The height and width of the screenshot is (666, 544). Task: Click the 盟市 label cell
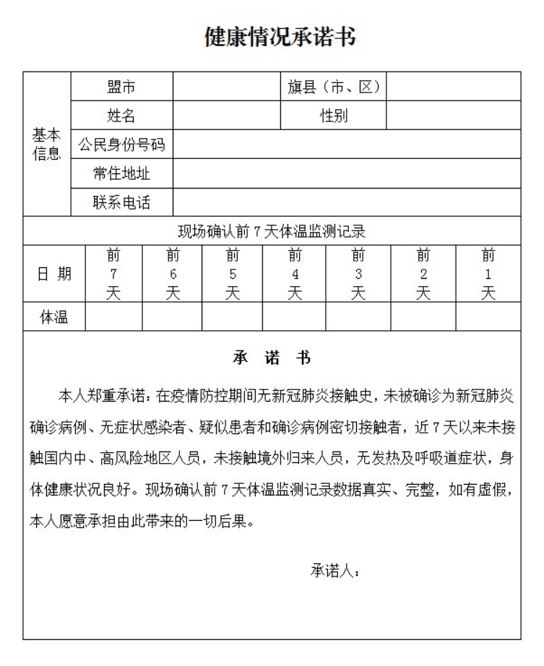[121, 87]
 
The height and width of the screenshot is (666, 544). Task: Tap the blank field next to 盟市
[226, 87]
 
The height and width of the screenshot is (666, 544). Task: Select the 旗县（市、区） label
[333, 87]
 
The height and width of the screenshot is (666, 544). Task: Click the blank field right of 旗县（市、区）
[454, 87]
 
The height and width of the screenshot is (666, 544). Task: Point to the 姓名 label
[121, 116]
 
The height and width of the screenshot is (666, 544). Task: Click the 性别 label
[333, 116]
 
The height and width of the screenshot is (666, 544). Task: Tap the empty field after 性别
[454, 116]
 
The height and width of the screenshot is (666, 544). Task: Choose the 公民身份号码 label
[121, 144]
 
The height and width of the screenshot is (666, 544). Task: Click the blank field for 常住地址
[346, 173]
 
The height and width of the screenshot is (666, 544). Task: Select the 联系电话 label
[121, 202]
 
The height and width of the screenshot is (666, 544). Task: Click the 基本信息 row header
[47, 144]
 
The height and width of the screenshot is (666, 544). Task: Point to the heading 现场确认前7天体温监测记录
[272, 232]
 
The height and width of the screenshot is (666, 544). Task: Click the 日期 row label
[54, 274]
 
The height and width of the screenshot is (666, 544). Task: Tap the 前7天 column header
[113, 274]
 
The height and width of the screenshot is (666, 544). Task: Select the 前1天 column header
[488, 274]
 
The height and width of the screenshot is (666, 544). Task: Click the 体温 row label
[54, 316]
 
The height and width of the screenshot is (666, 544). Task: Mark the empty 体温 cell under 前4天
[294, 316]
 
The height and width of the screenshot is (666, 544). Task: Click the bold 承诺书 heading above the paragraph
[272, 358]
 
